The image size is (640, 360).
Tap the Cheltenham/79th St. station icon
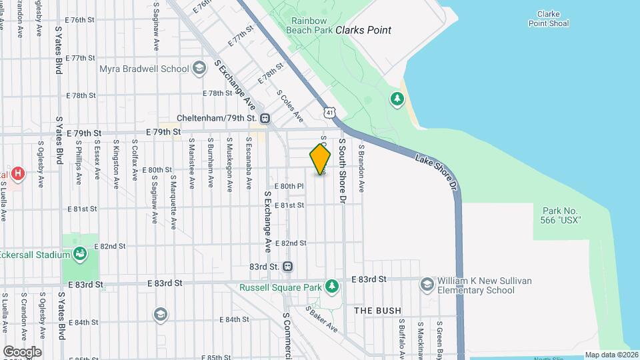click(x=265, y=119)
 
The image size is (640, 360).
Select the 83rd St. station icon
click(x=288, y=267)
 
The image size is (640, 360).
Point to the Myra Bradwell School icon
click(x=199, y=68)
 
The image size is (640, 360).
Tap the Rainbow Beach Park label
click(x=309, y=25)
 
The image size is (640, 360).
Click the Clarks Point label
click(x=363, y=30)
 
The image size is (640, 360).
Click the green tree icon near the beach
click(x=397, y=99)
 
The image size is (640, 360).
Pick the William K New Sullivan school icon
click(x=427, y=285)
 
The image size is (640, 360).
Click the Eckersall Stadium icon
click(x=80, y=254)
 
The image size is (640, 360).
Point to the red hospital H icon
click(x=19, y=175)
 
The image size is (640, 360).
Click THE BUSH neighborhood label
click(x=377, y=311)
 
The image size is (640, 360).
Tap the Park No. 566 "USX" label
click(x=557, y=215)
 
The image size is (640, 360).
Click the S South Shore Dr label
click(x=343, y=170)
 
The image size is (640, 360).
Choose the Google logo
click(x=22, y=351)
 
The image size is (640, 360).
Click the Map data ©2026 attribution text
click(x=611, y=355)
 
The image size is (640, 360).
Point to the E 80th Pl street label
click(x=289, y=186)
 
